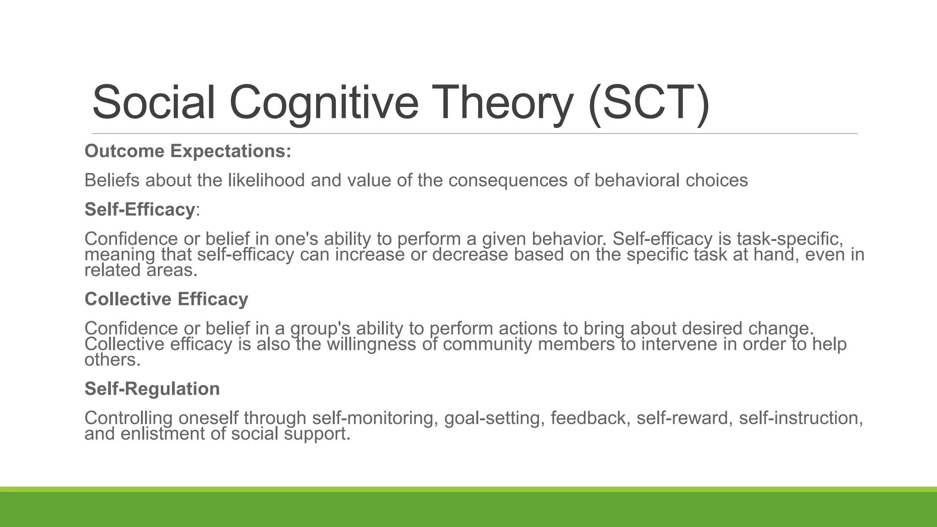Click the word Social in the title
153,102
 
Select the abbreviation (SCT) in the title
649,102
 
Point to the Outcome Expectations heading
188,151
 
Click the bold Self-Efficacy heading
140,210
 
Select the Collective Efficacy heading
166,299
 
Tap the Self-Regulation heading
152,389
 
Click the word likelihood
266,180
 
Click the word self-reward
682,418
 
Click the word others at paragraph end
112,360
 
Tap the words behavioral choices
671,180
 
